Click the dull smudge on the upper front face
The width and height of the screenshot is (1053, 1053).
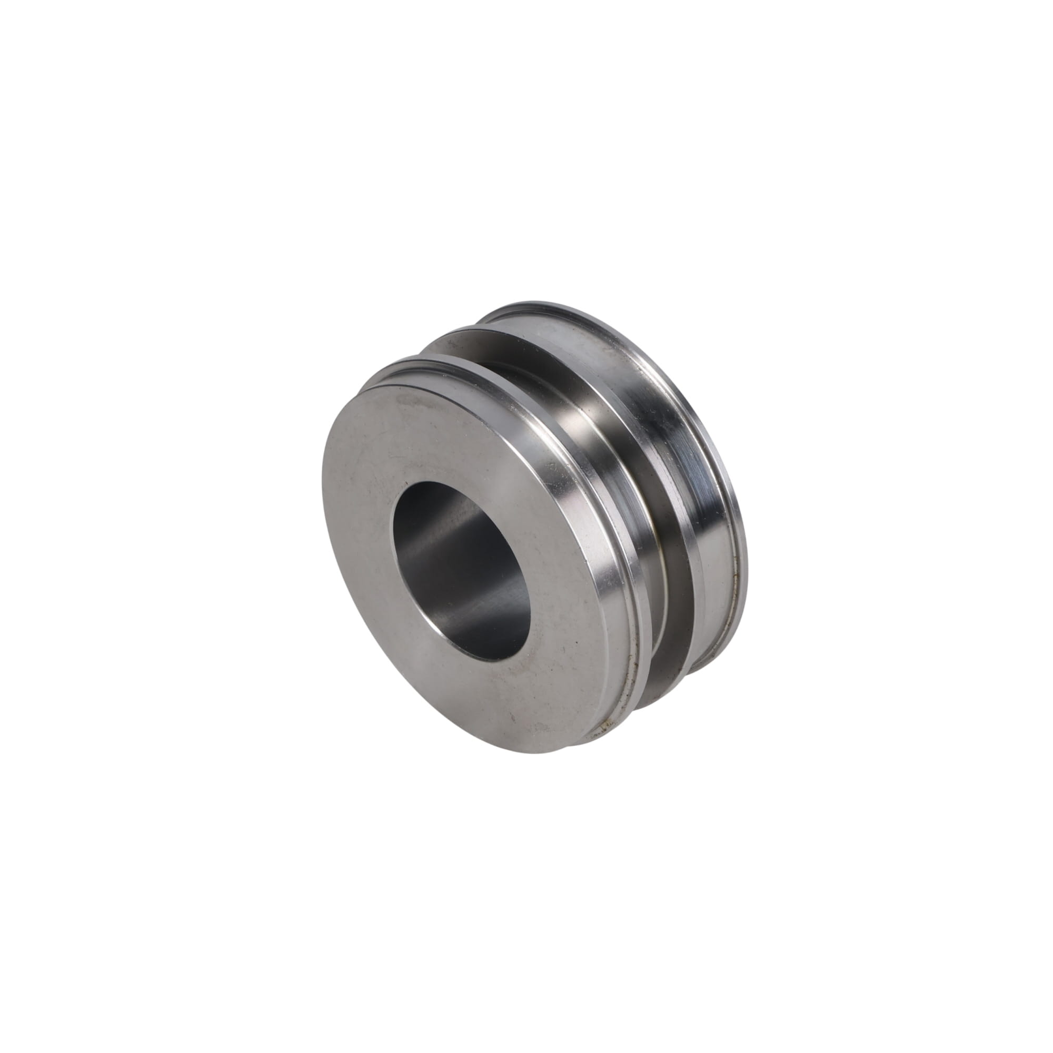414,403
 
